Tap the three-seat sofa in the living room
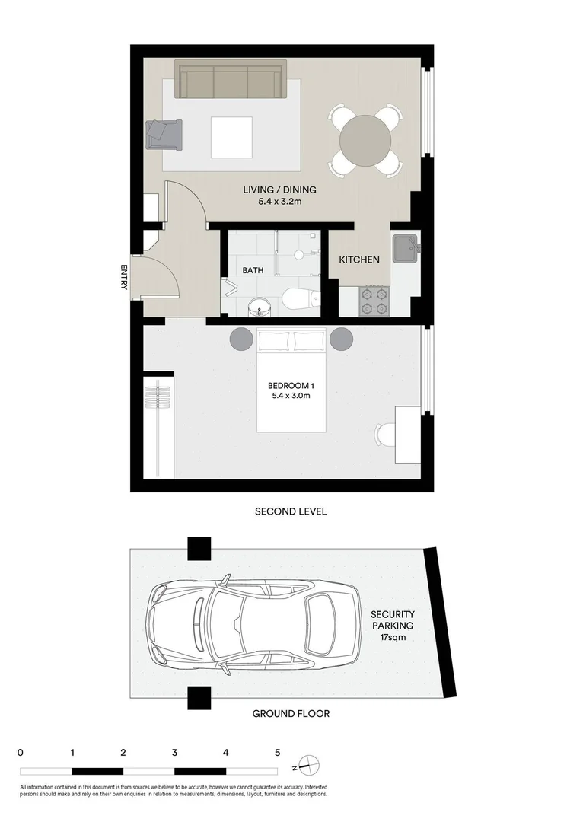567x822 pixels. (x=229, y=80)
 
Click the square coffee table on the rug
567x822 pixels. (x=231, y=138)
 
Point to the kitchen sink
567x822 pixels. (x=404, y=249)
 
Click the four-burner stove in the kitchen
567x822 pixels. (x=374, y=300)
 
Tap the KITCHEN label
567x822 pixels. (x=359, y=260)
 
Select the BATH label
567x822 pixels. (x=253, y=270)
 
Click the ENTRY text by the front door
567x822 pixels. (x=124, y=277)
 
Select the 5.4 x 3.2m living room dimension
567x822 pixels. (x=279, y=202)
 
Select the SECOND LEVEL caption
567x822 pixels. (x=291, y=511)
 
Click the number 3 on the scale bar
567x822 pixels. (x=175, y=753)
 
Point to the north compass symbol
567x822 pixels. (x=307, y=764)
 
